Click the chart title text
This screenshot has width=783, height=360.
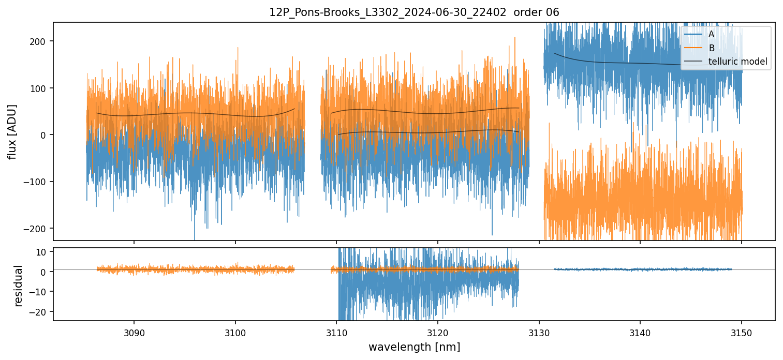[414, 12]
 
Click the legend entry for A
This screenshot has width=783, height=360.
[711, 35]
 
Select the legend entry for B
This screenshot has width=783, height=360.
[711, 49]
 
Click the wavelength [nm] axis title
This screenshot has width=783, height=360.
[414, 347]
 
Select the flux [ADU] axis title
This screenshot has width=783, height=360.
[12, 131]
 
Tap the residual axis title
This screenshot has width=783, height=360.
[19, 285]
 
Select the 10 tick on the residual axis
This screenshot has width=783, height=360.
[43, 251]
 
